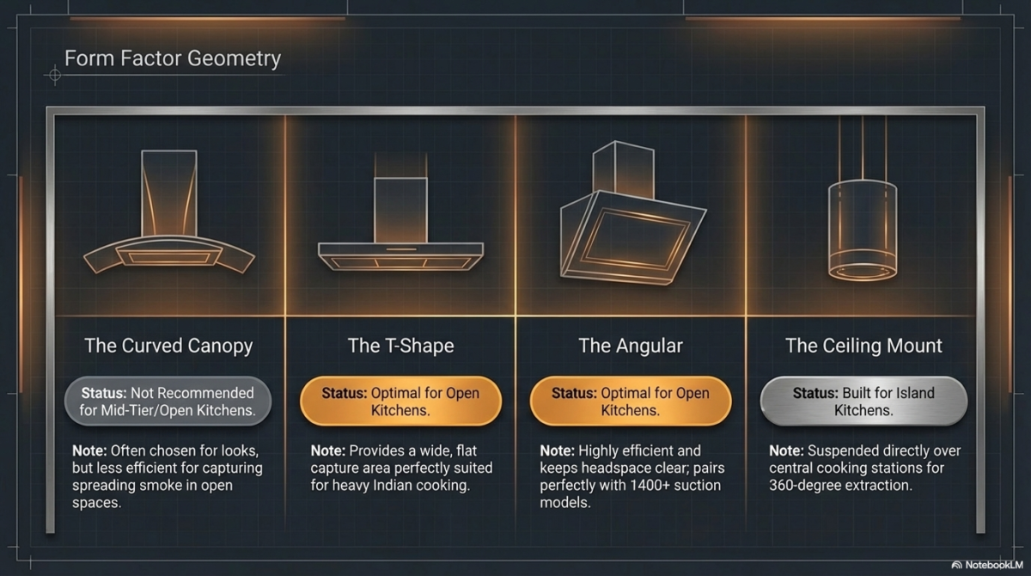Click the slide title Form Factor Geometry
(173, 58)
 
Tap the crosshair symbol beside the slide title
(55, 75)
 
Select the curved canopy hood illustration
(169, 212)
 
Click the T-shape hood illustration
(400, 212)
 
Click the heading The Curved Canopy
(168, 346)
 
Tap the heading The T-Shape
(400, 346)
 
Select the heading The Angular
(631, 346)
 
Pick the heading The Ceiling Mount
(863, 346)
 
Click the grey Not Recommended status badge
(168, 401)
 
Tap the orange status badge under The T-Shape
(400, 401)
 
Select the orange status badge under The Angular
(631, 401)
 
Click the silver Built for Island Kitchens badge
(863, 401)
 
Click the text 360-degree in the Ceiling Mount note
(803, 485)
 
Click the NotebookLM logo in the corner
(987, 565)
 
